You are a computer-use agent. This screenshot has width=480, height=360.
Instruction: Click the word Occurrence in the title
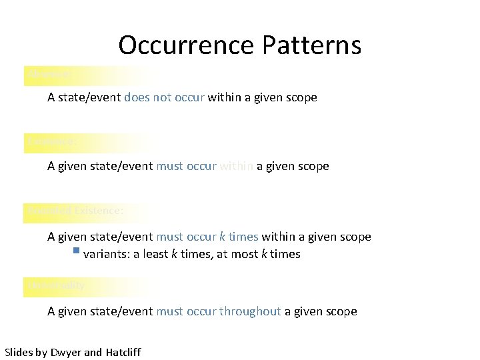(x=187, y=45)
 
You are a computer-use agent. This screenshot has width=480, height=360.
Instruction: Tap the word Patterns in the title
(x=312, y=45)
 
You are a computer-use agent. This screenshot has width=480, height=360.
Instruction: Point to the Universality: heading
(x=57, y=285)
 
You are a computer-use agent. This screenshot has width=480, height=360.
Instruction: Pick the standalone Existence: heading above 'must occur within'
(x=52, y=142)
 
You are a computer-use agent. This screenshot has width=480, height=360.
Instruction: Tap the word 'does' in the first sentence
(x=137, y=97)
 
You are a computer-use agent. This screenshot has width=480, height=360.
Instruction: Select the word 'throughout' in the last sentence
(x=250, y=311)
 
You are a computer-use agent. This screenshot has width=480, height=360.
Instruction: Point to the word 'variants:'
(x=107, y=254)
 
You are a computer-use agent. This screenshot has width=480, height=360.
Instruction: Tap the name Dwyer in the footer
(x=66, y=352)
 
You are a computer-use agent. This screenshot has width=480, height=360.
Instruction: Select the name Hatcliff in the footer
(x=123, y=352)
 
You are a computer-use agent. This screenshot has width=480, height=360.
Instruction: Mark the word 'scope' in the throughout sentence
(x=341, y=311)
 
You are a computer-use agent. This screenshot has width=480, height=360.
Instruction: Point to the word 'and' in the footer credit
(x=94, y=352)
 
